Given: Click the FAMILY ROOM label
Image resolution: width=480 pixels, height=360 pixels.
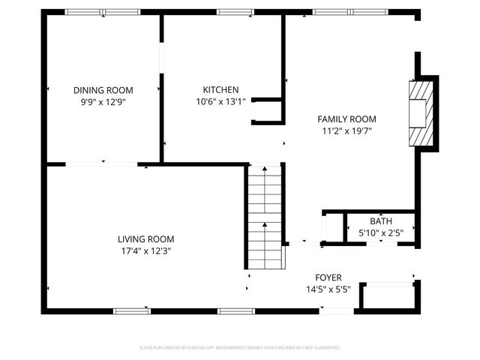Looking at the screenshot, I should click(346, 118).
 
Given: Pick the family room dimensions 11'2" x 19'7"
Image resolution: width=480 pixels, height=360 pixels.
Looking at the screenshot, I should click(346, 131).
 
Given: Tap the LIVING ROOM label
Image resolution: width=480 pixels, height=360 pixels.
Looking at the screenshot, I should click(145, 239).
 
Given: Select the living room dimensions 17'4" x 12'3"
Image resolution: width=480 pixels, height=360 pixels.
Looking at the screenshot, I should click(145, 252).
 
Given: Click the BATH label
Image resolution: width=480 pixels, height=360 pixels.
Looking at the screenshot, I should click(380, 220).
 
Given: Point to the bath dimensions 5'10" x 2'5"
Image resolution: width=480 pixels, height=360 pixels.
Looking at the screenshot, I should click(380, 233).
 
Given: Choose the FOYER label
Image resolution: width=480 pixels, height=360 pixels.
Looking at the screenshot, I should click(328, 277).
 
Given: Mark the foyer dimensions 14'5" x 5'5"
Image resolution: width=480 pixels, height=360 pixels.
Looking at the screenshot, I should click(328, 289).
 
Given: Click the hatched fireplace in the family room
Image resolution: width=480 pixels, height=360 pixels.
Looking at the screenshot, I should click(418, 112).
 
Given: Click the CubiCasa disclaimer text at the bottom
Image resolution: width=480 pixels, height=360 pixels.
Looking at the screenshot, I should click(240, 348).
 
